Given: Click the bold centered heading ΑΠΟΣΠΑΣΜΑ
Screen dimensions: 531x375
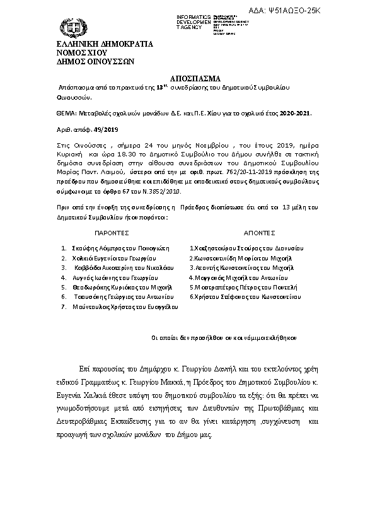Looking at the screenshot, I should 187,79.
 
